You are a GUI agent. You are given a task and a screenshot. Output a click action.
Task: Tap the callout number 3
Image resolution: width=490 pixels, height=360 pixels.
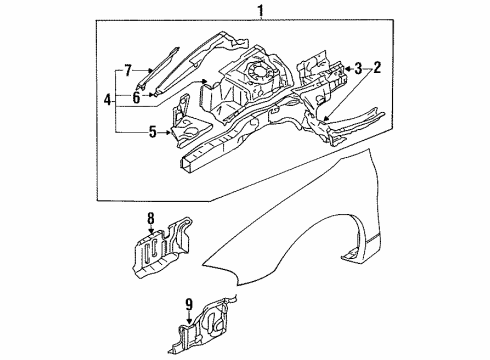(357, 67)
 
